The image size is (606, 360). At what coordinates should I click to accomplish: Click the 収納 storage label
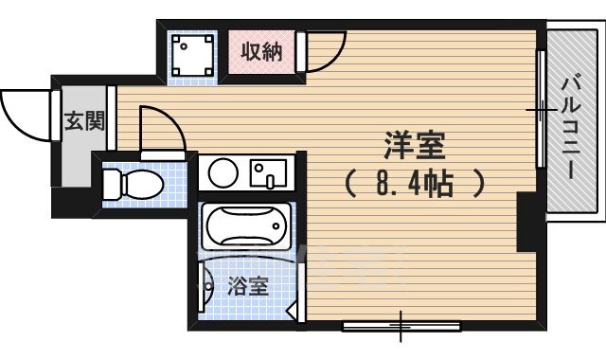click(261, 51)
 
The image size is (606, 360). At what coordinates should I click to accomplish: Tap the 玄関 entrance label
click(84, 120)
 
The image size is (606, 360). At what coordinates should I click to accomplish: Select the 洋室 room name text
click(415, 145)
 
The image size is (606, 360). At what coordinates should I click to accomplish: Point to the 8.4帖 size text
click(415, 185)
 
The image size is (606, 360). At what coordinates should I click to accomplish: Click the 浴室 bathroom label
click(248, 286)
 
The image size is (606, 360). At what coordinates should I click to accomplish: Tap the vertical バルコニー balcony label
click(571, 128)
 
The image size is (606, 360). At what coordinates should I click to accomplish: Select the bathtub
click(246, 226)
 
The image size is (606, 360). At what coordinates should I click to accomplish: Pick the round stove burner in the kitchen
click(223, 172)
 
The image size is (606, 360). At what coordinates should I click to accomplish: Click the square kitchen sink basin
click(268, 172)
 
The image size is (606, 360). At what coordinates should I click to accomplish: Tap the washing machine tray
click(192, 55)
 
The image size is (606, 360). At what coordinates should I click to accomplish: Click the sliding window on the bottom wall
click(401, 326)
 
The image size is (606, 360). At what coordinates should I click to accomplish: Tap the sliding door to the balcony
click(541, 109)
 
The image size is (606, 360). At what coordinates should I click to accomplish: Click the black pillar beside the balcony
click(526, 222)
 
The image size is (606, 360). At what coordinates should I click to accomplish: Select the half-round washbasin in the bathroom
click(206, 286)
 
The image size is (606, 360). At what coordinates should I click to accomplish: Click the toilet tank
click(112, 185)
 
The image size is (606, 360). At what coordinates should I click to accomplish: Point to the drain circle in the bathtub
click(276, 225)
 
